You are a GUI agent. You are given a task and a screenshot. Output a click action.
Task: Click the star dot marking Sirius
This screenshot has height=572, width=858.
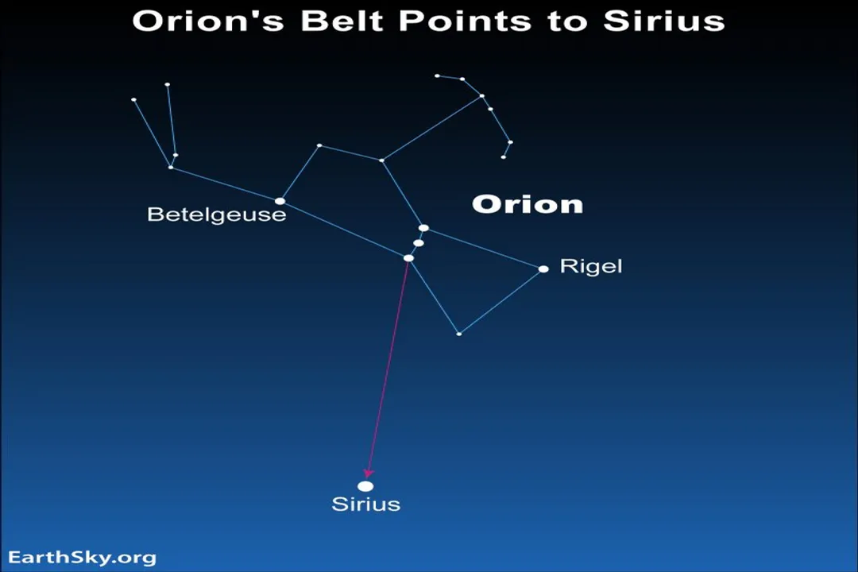(365, 486)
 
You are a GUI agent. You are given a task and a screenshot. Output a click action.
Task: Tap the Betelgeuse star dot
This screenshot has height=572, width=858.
(280, 201)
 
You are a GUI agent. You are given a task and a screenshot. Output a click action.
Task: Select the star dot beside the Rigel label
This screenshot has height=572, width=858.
(543, 269)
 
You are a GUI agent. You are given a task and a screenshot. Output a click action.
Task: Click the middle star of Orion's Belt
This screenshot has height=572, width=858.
(419, 243)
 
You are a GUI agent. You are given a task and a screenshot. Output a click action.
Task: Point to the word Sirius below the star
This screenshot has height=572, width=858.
(365, 504)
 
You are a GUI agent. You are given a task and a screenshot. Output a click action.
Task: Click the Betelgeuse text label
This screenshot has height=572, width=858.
(216, 214)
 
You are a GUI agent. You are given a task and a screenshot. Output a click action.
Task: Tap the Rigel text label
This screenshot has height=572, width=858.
(591, 266)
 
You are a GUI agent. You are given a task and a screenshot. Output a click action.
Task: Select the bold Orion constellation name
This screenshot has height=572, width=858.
(528, 205)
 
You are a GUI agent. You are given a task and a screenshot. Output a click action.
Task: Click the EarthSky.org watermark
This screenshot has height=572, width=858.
(83, 558)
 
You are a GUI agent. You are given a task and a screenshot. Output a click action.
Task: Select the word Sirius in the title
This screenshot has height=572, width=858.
(663, 21)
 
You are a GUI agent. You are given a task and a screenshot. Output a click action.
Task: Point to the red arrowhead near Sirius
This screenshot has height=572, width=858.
(369, 473)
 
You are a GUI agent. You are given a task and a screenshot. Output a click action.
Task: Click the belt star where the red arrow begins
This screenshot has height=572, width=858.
(408, 257)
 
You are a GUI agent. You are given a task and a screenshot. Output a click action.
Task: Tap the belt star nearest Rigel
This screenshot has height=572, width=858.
(423, 228)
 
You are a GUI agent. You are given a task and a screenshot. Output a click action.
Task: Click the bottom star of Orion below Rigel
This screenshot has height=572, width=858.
(458, 334)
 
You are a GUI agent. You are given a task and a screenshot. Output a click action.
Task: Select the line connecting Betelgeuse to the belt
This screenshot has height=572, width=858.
(344, 230)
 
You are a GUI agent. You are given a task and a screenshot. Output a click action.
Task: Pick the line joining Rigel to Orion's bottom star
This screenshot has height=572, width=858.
(500, 301)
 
